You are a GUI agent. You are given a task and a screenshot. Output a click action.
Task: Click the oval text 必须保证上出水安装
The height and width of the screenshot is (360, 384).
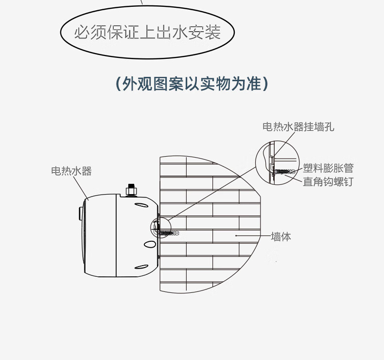tap(147, 33)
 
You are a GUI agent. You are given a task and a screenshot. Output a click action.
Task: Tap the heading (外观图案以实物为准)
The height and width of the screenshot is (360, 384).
tap(192, 84)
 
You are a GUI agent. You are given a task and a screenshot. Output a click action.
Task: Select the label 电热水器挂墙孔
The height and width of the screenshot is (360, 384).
tap(298, 127)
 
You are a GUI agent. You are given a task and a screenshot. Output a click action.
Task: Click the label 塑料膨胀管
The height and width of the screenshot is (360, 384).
tap(328, 168)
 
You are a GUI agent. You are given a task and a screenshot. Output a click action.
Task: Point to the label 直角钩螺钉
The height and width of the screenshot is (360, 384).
tap(328, 181)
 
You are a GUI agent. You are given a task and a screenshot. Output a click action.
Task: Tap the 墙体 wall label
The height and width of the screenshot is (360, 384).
tap(280, 237)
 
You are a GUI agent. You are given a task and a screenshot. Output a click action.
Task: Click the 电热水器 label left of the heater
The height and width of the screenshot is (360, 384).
tap(71, 171)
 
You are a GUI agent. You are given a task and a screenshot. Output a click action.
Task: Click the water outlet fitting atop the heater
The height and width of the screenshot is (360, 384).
tap(130, 189)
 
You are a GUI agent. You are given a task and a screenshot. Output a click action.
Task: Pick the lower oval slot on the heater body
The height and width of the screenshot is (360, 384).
tap(141, 266)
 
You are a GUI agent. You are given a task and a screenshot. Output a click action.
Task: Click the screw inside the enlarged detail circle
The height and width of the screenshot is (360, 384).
tap(285, 171)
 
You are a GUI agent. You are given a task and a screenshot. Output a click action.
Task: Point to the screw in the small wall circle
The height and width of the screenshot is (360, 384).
tap(168, 233)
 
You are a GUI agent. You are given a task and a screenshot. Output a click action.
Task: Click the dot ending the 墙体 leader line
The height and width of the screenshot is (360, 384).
tap(236, 235)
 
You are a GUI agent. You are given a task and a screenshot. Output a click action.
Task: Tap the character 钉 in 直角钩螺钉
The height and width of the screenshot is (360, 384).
tap(348, 181)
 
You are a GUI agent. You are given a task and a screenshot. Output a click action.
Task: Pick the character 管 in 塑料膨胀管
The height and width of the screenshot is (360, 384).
tap(348, 168)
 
